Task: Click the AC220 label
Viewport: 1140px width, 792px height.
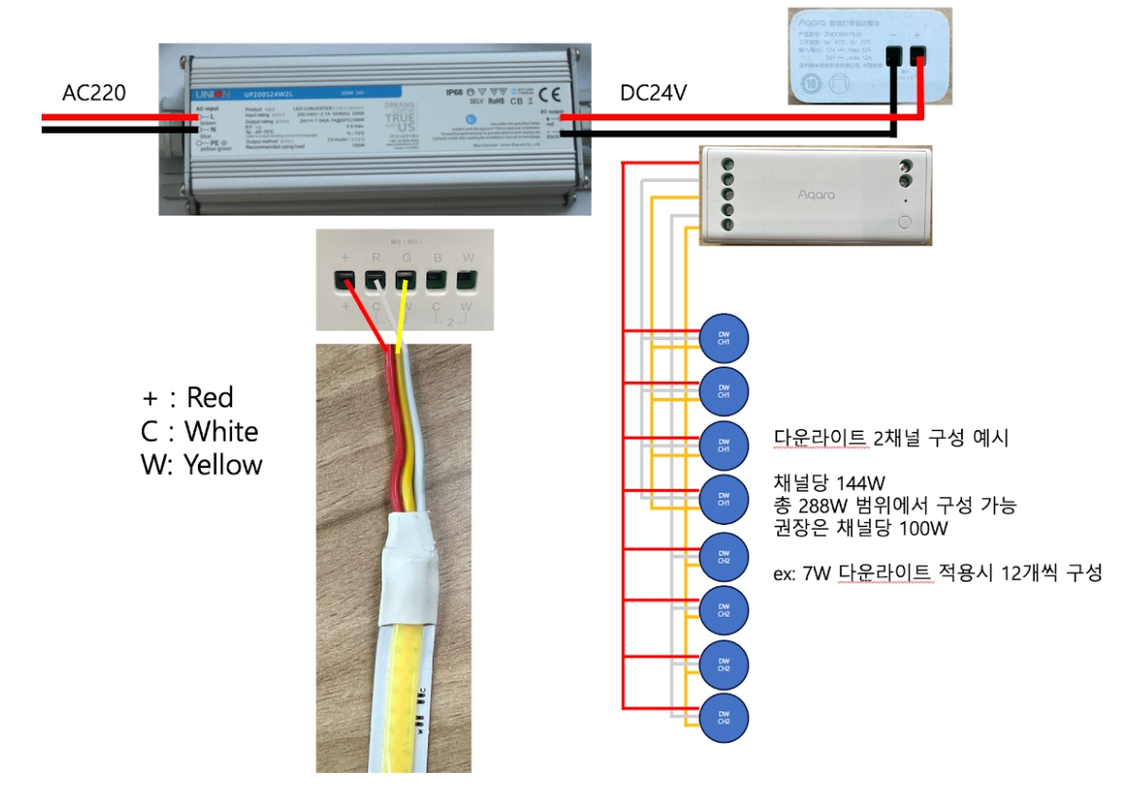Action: coord(94,93)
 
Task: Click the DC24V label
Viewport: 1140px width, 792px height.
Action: coord(652,93)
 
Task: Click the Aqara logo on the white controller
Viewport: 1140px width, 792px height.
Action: coord(816,194)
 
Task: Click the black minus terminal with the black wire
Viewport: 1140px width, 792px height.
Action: coord(893,59)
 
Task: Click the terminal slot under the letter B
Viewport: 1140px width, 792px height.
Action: coord(437,280)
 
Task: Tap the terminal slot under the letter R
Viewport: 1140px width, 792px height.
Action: coord(375,280)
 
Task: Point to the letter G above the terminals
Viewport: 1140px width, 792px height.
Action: coord(406,257)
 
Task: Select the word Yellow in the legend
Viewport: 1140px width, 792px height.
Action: coord(223,464)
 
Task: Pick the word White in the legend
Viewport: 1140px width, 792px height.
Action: coord(222,431)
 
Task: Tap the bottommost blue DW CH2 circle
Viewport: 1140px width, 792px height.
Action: coord(723,717)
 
